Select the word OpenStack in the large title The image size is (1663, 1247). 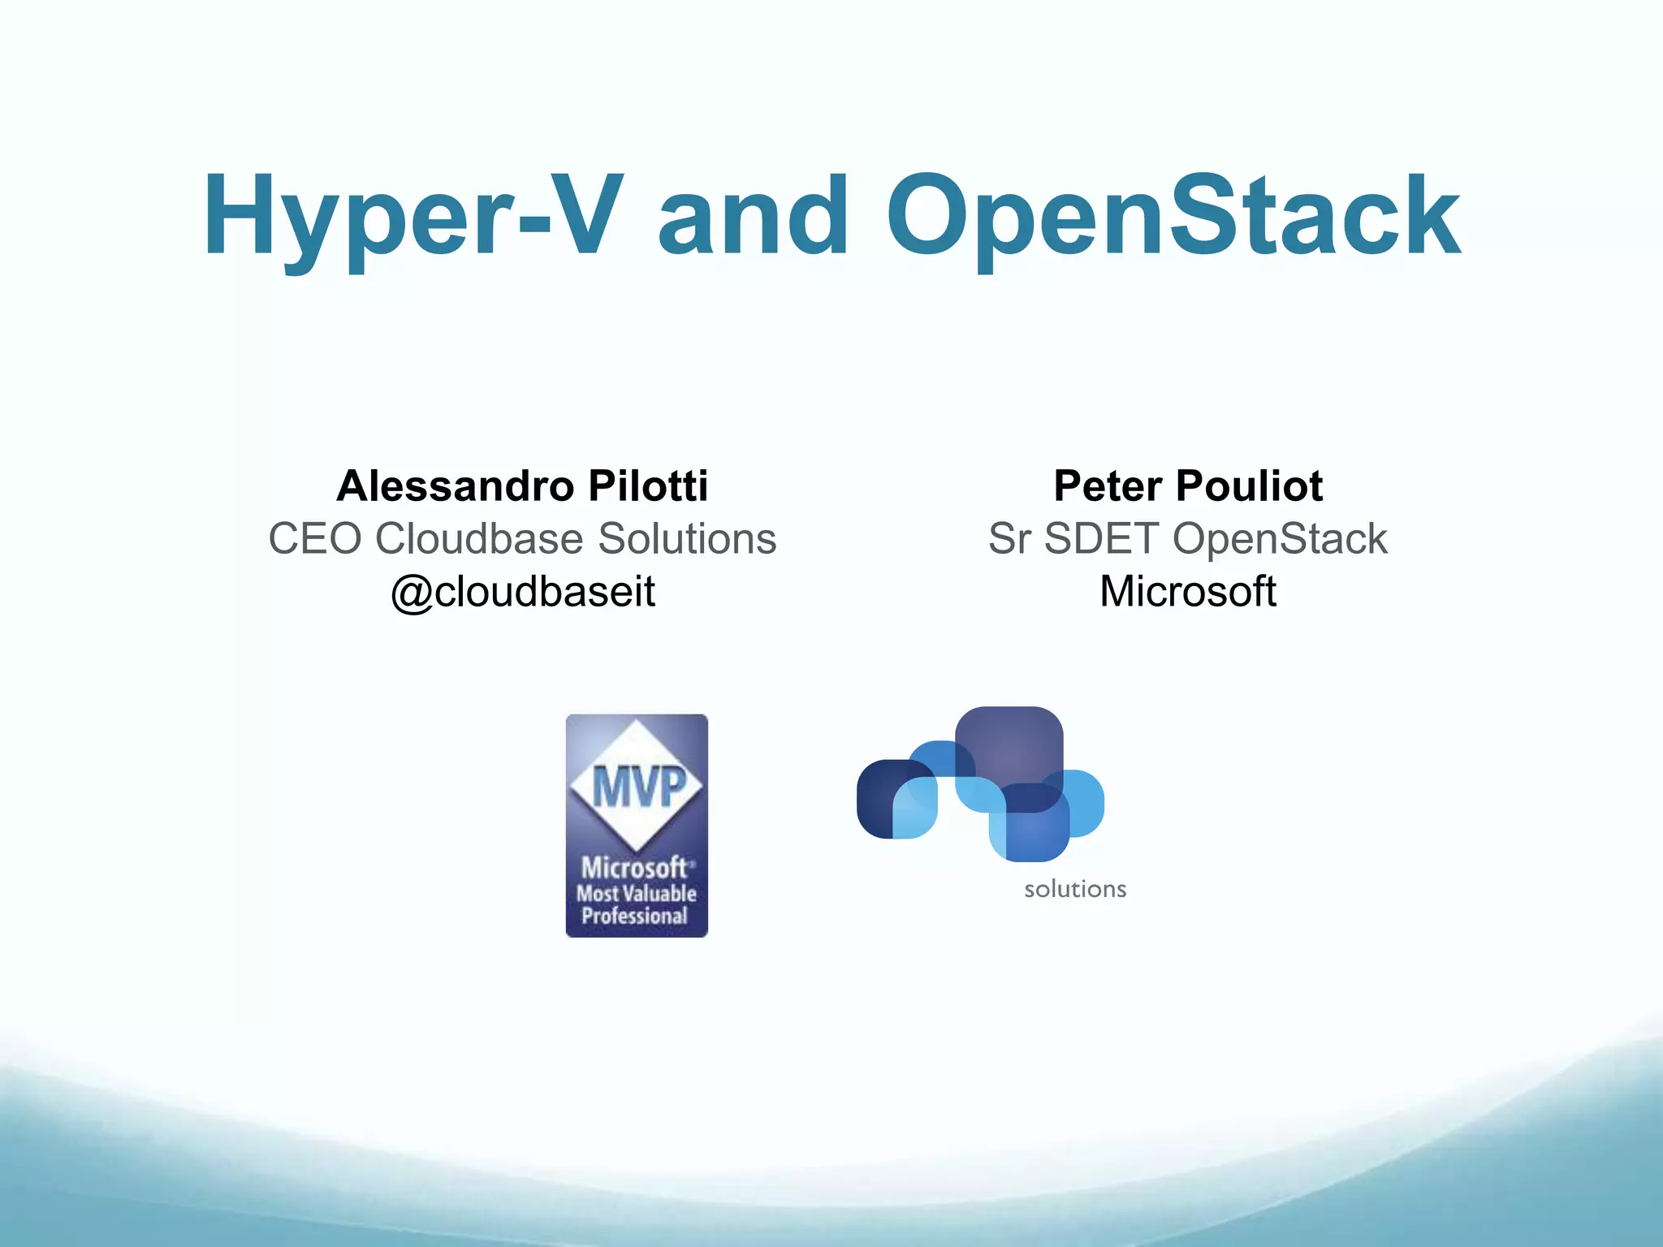pyautogui.click(x=1173, y=218)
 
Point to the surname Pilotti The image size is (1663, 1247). pyautogui.click(x=648, y=486)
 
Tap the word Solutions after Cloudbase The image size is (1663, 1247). pyautogui.click(x=687, y=539)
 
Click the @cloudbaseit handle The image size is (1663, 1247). pyautogui.click(x=523, y=592)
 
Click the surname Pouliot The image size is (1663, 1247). pyautogui.click(x=1250, y=486)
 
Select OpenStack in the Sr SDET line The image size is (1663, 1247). pyautogui.click(x=1280, y=539)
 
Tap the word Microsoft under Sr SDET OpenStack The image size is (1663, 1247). pyautogui.click(x=1187, y=592)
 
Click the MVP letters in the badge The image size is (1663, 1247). pyautogui.click(x=638, y=786)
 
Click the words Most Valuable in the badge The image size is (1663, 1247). pyautogui.click(x=637, y=894)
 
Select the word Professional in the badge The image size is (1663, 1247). pyautogui.click(x=635, y=917)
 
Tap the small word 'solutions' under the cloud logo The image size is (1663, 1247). pyautogui.click(x=1075, y=890)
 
